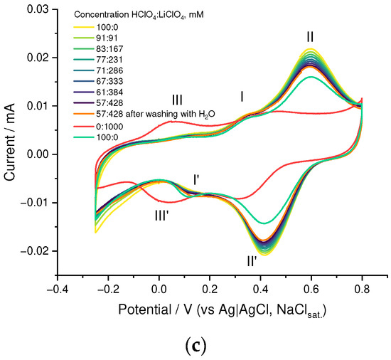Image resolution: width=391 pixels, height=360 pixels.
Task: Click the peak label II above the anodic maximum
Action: coord(310,36)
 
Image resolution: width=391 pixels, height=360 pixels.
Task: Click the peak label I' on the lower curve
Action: coord(200,179)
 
